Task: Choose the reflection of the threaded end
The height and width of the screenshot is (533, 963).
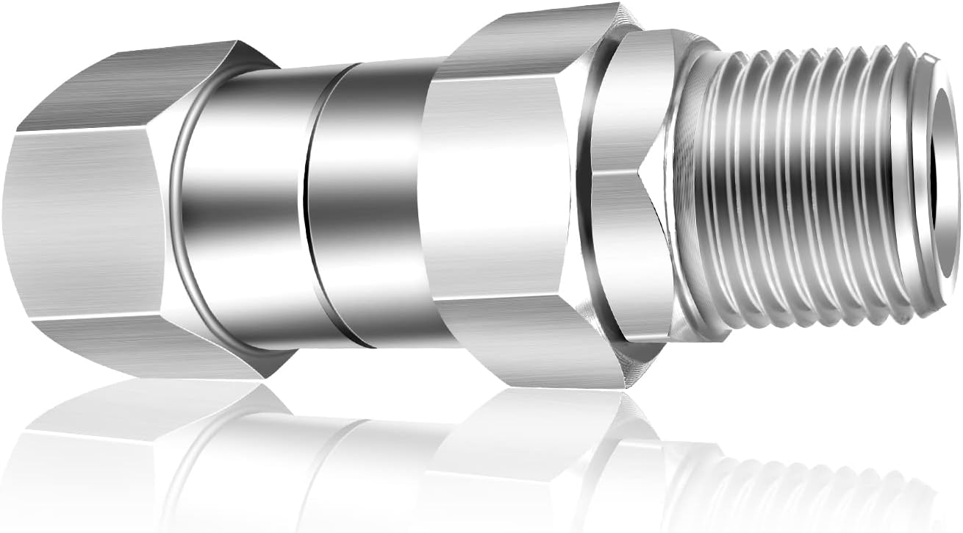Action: coord(794,478)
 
